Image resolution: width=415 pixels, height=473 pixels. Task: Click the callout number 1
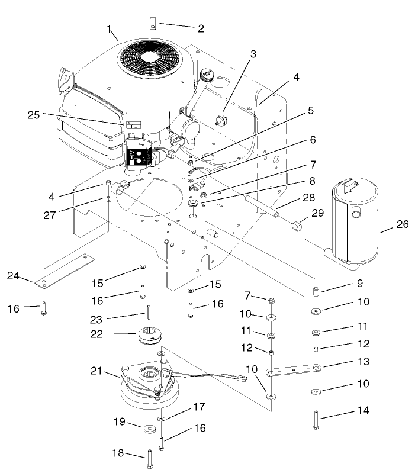(x=109, y=28)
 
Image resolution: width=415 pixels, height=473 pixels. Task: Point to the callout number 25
(x=33, y=115)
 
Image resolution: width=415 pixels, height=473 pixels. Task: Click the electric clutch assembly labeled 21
(x=148, y=385)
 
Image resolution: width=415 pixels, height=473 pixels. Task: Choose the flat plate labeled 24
(x=66, y=269)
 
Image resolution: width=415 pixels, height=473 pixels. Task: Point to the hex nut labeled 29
(x=297, y=226)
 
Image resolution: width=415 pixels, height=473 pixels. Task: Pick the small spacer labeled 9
(x=317, y=291)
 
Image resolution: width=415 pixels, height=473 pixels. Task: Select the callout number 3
(x=253, y=53)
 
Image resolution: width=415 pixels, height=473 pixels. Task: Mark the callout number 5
(x=310, y=110)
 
